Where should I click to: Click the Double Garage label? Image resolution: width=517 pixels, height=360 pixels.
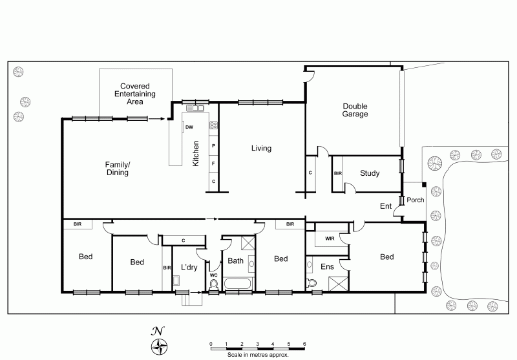pyautogui.click(x=355, y=110)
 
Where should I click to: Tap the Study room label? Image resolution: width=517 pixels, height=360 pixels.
pyautogui.click(x=370, y=173)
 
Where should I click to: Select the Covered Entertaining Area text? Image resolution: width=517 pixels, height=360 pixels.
pyautogui.click(x=135, y=94)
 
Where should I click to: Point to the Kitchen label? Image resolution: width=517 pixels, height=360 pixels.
pyautogui.click(x=196, y=154)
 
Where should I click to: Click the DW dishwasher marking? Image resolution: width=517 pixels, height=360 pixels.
pyautogui.click(x=189, y=127)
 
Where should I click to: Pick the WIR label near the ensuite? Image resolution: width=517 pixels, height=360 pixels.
pyautogui.click(x=330, y=238)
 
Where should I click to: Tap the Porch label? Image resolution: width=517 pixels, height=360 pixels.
pyautogui.click(x=415, y=200)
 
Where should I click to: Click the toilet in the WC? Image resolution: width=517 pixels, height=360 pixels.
pyautogui.click(x=214, y=285)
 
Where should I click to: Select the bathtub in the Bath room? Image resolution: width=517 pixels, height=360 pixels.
pyautogui.click(x=238, y=284)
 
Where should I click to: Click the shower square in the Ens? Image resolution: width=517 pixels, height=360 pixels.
pyautogui.click(x=338, y=284)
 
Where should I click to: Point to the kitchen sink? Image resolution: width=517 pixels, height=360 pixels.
pyautogui.click(x=196, y=108)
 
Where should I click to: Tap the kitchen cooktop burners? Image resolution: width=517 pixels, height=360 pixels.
pyautogui.click(x=213, y=125)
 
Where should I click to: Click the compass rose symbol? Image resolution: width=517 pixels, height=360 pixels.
pyautogui.click(x=159, y=347)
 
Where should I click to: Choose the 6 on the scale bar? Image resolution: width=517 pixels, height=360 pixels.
pyautogui.click(x=304, y=344)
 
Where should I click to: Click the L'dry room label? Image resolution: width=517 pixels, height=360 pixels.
pyautogui.click(x=189, y=267)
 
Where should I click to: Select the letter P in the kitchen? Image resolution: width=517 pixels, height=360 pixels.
pyautogui.click(x=214, y=145)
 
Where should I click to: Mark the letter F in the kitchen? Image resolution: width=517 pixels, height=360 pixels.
pyautogui.click(x=213, y=164)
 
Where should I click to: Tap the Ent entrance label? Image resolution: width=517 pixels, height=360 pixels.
pyautogui.click(x=386, y=206)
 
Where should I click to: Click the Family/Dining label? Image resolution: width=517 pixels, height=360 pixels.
pyautogui.click(x=118, y=169)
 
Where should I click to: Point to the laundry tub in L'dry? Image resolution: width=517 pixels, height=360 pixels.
pyautogui.click(x=176, y=281)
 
